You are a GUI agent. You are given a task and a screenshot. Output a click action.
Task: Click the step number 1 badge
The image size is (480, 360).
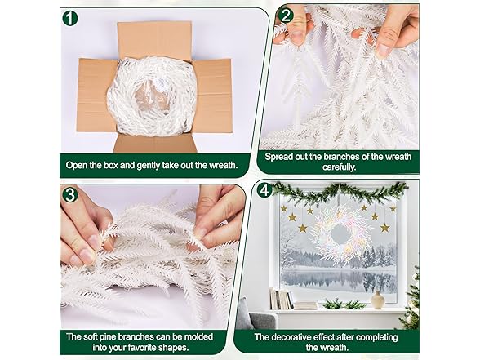70,18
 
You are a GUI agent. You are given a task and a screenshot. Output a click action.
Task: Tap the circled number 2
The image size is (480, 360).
286,16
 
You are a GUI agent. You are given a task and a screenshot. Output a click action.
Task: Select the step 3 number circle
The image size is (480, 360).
70,194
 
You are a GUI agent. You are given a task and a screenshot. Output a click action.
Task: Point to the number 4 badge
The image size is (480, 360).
264,189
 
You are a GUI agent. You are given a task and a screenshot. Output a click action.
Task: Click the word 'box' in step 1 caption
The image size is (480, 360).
111,165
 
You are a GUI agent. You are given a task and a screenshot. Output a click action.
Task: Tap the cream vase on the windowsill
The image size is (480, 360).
377,300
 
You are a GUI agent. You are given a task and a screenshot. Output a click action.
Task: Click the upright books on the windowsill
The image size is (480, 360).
281,299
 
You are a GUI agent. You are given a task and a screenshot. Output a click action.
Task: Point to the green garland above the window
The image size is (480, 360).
340,192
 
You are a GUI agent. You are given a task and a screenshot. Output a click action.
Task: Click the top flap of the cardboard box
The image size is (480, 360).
154,39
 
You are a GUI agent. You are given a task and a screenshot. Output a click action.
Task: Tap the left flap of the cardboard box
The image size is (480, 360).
96,95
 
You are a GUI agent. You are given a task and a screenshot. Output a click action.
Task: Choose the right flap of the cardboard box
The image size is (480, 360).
213,96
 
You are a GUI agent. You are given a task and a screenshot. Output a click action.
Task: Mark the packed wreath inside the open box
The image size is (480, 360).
152,96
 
